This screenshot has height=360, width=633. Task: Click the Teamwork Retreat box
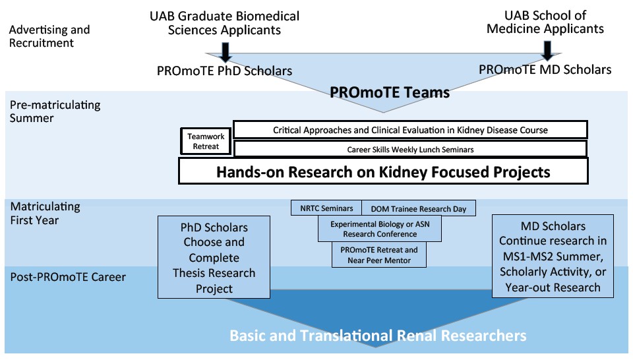coord(206,141)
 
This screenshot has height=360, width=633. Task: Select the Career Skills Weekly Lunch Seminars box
coord(410,149)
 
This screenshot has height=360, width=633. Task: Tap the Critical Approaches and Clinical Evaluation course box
coord(410,130)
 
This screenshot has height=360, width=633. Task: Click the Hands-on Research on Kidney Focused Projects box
coord(383,172)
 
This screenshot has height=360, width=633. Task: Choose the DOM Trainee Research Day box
coord(419,209)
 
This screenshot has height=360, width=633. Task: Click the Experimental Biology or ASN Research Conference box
coord(378,229)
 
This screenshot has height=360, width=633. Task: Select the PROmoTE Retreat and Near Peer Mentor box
coord(378,255)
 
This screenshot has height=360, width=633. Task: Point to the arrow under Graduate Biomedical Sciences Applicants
coord(226,49)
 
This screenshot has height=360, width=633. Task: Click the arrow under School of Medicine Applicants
coord(547,48)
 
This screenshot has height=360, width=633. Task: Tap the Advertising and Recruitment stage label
coord(50,36)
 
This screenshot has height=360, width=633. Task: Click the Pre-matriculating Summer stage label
coord(54,111)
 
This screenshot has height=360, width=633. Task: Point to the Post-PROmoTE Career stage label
coord(68,277)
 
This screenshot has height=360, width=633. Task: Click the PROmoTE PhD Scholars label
coord(224,71)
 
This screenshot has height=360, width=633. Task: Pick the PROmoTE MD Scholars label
coord(545,69)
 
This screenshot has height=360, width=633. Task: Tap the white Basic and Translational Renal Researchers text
coord(378,336)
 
